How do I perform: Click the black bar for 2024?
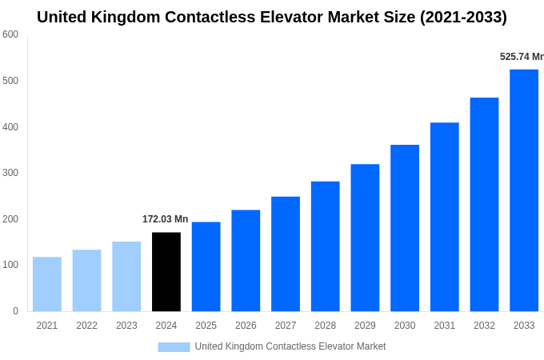pos(166,272)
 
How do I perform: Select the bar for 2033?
pos(524,190)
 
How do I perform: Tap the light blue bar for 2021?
pos(47,284)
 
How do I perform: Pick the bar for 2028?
pos(326,246)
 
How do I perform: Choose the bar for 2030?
pos(405,228)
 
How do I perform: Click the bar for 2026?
pos(246,261)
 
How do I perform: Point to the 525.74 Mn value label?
pos(521,57)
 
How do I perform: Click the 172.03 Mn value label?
pos(165,219)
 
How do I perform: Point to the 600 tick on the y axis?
pos(10,34)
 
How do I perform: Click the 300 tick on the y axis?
pos(10,173)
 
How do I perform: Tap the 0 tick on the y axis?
pos(15,311)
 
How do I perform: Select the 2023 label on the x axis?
pos(126,326)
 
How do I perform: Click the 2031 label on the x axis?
pos(445,326)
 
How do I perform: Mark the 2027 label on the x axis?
pos(286,326)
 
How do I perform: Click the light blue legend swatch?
pos(174,347)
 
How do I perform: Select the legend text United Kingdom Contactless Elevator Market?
pos(290,346)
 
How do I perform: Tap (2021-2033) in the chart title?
pos(463,17)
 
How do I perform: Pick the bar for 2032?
pos(484,205)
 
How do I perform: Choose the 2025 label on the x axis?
pos(206,326)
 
